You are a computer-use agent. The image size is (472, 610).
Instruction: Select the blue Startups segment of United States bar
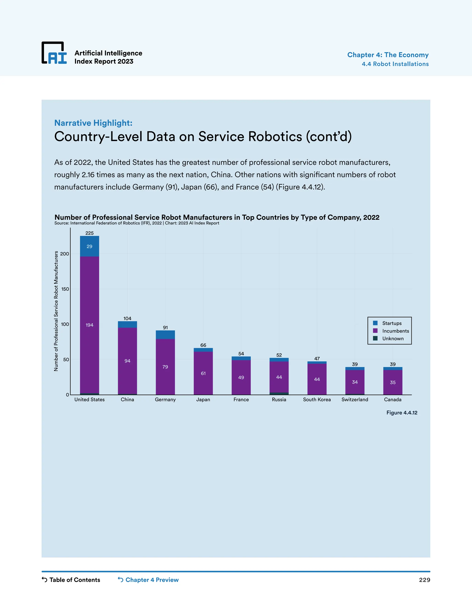(89, 246)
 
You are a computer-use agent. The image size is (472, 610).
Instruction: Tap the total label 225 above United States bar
(89, 233)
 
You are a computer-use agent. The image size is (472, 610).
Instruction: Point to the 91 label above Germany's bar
(165, 327)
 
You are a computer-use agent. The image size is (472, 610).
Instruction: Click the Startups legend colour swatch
(375, 323)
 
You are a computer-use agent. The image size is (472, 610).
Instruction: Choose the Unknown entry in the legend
(392, 339)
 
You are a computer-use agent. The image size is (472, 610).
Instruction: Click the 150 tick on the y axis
(65, 289)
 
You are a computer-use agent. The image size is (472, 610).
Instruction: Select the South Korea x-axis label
(317, 399)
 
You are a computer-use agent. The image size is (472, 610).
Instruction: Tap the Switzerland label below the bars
(354, 399)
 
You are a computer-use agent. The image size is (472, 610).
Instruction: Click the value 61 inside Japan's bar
(203, 373)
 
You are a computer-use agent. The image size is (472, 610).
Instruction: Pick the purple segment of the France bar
(241, 377)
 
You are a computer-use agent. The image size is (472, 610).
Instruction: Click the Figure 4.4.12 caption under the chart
(401, 412)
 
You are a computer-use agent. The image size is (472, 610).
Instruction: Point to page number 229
(425, 580)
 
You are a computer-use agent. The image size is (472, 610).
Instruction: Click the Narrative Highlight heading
(93, 123)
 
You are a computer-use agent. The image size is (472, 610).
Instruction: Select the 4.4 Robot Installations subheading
(395, 64)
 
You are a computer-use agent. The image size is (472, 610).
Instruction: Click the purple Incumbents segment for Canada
(392, 382)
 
